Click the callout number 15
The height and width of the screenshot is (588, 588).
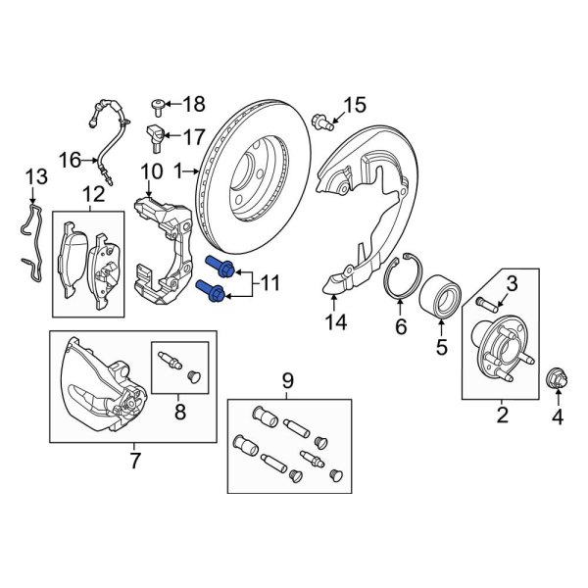tap(354, 104)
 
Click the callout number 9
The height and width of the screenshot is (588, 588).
tap(287, 380)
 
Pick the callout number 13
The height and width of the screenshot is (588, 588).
tap(36, 176)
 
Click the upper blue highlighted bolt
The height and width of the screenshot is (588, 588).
tap(219, 267)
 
